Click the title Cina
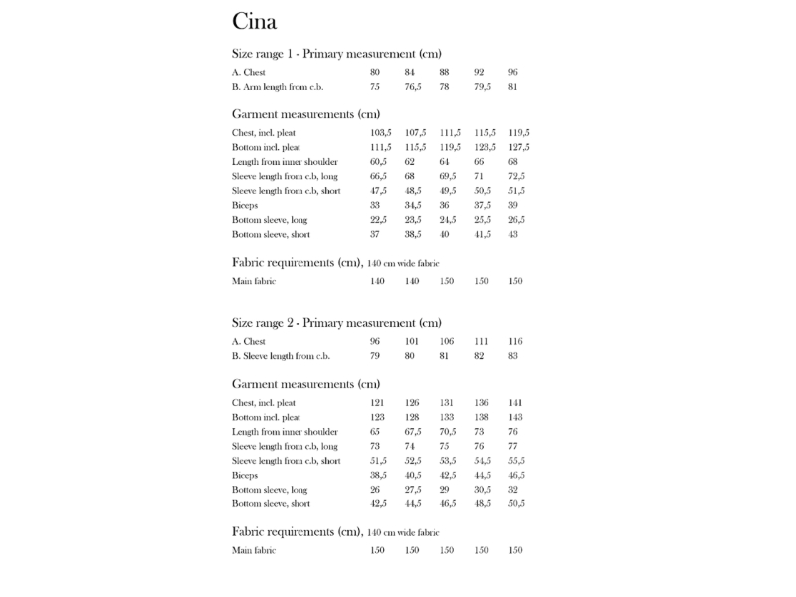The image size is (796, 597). (x=254, y=21)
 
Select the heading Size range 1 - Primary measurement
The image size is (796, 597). (x=335, y=54)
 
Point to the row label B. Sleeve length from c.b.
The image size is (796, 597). (x=280, y=356)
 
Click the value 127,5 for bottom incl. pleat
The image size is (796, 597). (x=518, y=147)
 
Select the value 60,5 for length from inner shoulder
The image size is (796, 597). (x=379, y=161)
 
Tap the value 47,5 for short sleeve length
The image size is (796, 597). (x=379, y=190)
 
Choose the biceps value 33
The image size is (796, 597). (x=375, y=205)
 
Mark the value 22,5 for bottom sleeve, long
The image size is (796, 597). (x=379, y=219)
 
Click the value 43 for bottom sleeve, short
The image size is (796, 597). (x=513, y=234)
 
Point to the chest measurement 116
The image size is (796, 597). (x=515, y=341)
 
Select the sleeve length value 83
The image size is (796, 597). (x=513, y=356)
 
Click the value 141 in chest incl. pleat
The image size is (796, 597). (x=515, y=402)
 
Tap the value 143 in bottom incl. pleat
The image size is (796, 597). (x=515, y=417)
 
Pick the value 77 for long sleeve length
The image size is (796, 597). (x=513, y=446)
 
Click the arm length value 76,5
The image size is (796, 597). (x=414, y=87)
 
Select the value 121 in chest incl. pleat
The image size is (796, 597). (x=377, y=402)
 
